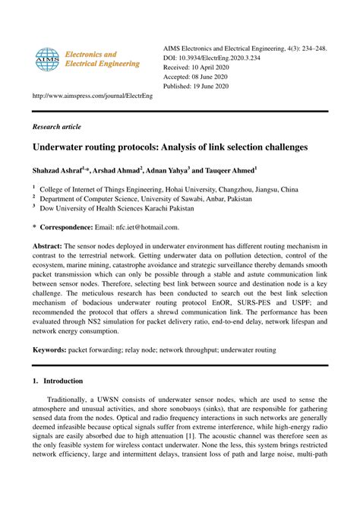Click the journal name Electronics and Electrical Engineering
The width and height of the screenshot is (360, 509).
pos(101,60)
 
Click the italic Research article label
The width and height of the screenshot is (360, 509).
pos(56,127)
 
